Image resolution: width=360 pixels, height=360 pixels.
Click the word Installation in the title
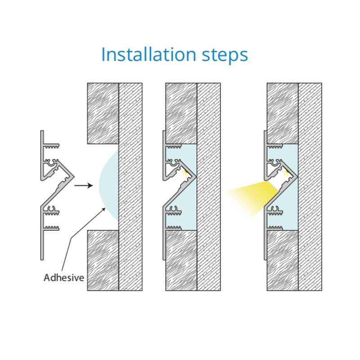click(x=148, y=54)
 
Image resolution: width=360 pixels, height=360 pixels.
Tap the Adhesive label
click(x=64, y=278)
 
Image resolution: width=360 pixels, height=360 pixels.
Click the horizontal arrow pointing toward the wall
click(x=84, y=185)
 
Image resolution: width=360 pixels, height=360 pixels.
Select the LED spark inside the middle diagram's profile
click(x=184, y=173)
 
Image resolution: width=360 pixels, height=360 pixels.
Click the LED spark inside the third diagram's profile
click(x=286, y=172)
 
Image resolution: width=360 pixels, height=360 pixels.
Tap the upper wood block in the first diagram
click(x=103, y=113)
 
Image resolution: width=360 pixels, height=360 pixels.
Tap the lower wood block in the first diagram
click(x=103, y=261)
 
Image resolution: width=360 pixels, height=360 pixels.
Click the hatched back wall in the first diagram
click(x=130, y=187)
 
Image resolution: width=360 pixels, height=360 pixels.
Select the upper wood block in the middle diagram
click(x=181, y=113)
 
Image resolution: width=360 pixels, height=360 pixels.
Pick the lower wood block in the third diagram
click(x=283, y=261)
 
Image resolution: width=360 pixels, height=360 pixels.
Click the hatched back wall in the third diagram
click(x=310, y=187)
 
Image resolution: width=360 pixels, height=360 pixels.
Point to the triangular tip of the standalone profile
click(x=73, y=176)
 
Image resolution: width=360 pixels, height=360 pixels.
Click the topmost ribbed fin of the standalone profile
click(x=51, y=146)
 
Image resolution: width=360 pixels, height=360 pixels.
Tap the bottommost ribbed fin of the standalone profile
click(x=51, y=228)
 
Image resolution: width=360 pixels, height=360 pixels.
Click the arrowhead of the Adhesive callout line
click(x=104, y=209)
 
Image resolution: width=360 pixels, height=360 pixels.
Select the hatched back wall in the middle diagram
click(x=209, y=187)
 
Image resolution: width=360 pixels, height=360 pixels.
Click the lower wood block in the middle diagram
click(x=181, y=261)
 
